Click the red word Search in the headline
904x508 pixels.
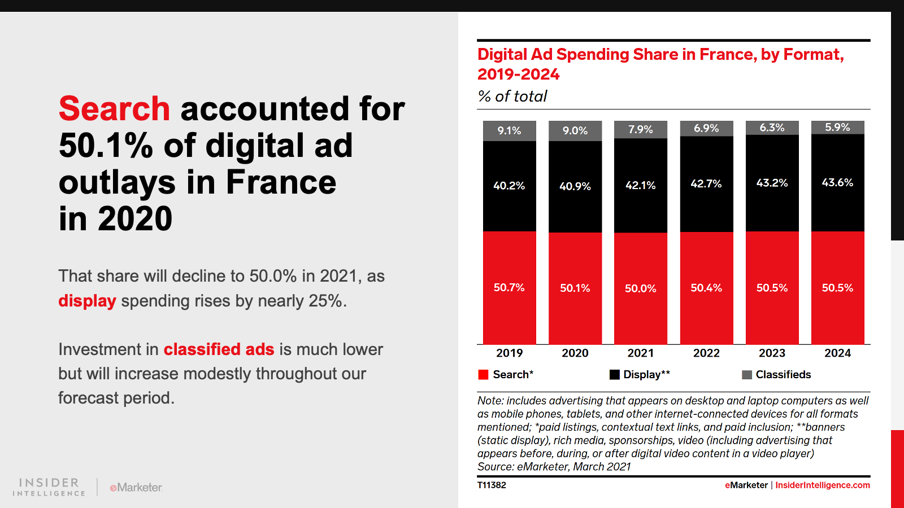click(114, 108)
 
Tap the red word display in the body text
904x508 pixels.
click(87, 301)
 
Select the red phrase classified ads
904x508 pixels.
click(219, 349)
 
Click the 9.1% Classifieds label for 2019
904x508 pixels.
click(509, 131)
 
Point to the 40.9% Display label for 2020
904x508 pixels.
click(575, 186)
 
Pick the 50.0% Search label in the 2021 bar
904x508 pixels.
click(641, 288)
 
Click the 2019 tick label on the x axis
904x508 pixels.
click(510, 353)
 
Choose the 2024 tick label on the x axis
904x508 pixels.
click(837, 353)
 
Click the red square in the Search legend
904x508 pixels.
click(483, 375)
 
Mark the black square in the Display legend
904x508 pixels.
click(615, 375)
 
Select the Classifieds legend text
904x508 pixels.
click(783, 374)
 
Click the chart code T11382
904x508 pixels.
click(492, 485)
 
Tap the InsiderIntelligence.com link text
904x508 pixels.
click(823, 485)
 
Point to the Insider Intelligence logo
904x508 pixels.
click(49, 487)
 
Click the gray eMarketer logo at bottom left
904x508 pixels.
click(136, 487)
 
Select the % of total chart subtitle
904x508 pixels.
click(512, 97)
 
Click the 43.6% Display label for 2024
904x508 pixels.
click(837, 182)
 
